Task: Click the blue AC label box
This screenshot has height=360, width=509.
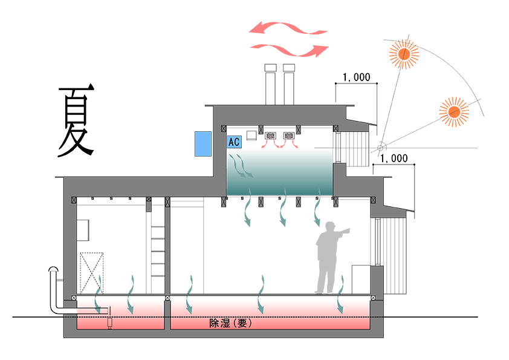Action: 234,142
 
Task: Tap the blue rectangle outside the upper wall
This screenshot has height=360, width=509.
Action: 203,145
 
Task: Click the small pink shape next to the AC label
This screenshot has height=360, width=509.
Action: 278,143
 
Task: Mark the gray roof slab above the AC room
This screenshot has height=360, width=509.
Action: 278,115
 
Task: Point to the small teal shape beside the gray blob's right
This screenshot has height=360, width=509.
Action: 343,280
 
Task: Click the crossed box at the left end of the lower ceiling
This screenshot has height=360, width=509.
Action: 74,200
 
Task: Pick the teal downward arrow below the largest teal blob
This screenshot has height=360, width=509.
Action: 261,305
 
